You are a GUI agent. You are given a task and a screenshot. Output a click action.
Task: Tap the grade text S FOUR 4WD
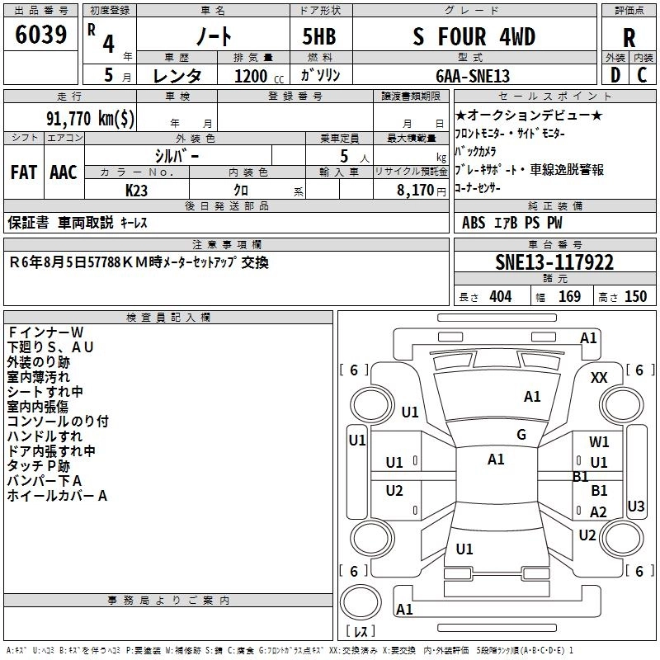[474, 36]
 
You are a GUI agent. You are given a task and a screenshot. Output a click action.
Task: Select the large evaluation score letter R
[629, 38]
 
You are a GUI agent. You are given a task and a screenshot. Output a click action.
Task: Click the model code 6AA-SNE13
[473, 76]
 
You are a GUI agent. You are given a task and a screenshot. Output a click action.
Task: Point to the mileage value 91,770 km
[91, 117]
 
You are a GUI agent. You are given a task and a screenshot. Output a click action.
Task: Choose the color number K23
[137, 190]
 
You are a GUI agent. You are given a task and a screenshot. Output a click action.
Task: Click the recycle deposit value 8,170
[415, 190]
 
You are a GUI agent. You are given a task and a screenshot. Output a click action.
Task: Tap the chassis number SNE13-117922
[554, 262]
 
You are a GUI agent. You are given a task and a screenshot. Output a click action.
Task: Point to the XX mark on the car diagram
[600, 377]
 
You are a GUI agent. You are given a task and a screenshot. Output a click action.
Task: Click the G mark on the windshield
[521, 435]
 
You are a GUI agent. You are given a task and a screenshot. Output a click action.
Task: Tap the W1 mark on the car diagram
[599, 442]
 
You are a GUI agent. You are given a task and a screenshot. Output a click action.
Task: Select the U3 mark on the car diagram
[636, 506]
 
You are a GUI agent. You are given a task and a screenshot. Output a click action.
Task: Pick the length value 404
[500, 296]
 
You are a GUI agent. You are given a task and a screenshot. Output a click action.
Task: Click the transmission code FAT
[23, 172]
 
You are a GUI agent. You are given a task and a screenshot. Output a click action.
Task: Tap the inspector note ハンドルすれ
[45, 436]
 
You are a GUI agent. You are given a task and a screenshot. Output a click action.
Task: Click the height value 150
[636, 296]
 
